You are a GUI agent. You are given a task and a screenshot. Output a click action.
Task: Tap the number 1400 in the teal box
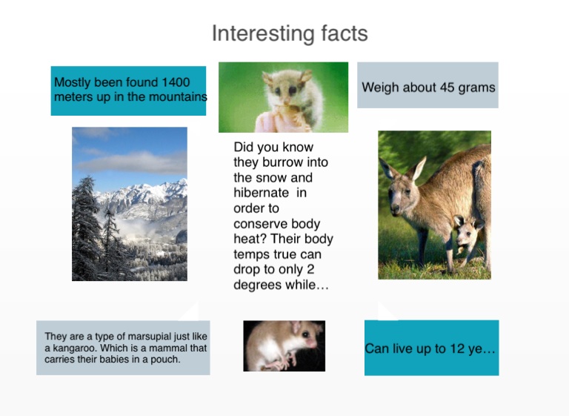(x=176, y=82)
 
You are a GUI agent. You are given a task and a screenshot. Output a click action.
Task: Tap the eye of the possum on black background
(x=305, y=334)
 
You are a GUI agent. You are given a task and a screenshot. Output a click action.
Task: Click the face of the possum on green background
(x=287, y=88)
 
